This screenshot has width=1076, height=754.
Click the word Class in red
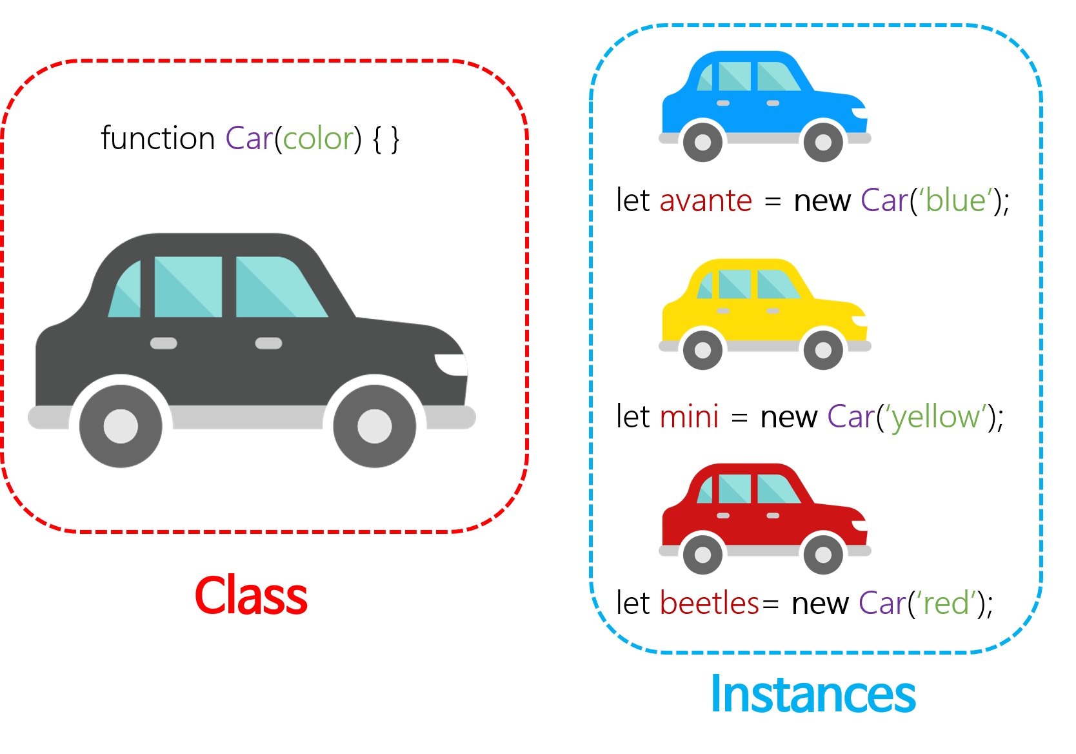[x=251, y=596]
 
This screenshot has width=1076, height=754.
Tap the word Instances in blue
[x=812, y=695]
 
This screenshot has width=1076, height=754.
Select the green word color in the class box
[x=318, y=139]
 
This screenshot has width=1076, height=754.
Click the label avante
[x=706, y=201]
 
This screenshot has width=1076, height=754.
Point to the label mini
[x=689, y=417]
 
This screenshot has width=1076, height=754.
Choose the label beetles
[x=709, y=604]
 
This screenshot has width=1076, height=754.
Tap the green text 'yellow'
[x=939, y=417]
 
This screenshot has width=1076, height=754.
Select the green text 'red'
[x=946, y=604]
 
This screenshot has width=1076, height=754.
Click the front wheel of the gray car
[x=374, y=426]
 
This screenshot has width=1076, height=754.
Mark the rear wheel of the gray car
[x=121, y=426]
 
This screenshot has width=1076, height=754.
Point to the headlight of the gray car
[x=452, y=364]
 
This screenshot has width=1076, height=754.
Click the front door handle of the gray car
[x=268, y=343]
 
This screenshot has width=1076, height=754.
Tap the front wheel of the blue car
[x=823, y=142]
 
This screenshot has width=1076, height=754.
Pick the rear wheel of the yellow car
[x=702, y=351]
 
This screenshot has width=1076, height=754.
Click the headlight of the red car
[x=861, y=525]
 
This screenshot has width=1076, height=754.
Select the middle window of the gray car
[x=188, y=287]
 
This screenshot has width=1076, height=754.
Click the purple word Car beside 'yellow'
[x=851, y=417]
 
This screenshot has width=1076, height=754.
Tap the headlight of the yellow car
[x=861, y=321]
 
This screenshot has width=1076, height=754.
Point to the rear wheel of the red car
[x=702, y=555]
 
